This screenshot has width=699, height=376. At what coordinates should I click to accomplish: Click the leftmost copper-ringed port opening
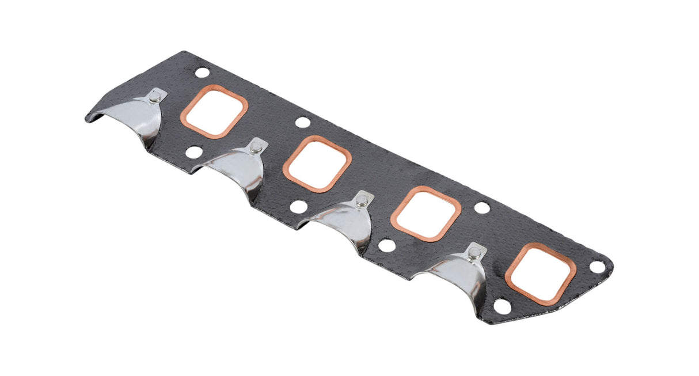tap(214, 112)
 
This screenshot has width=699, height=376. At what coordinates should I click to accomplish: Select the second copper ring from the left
tap(317, 164)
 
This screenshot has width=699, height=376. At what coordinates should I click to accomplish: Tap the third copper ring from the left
tap(426, 214)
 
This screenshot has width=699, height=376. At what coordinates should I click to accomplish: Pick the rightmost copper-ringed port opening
tap(541, 273)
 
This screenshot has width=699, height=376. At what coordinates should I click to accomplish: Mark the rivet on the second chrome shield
tap(256, 148)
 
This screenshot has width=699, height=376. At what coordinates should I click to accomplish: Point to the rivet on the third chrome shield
tap(362, 201)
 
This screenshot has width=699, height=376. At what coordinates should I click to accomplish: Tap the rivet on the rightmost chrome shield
tap(474, 253)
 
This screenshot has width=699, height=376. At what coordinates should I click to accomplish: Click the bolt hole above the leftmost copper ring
tap(202, 73)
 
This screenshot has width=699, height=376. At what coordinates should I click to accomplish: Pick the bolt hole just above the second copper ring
tap(302, 123)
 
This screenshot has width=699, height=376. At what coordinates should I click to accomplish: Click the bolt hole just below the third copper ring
tap(388, 246)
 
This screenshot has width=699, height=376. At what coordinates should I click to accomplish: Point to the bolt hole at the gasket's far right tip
tap(598, 267)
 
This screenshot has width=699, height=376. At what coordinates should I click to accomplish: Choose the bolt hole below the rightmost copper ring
tap(503, 306)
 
